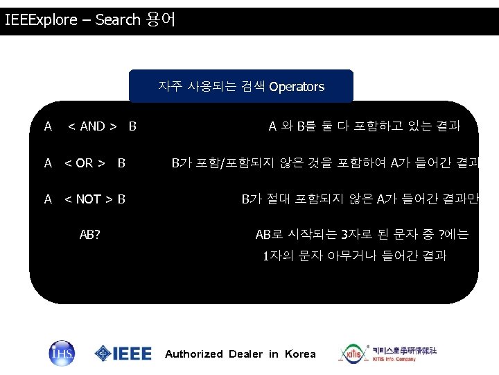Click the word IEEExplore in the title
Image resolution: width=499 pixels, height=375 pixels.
tap(41, 20)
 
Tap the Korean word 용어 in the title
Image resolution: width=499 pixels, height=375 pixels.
tap(161, 19)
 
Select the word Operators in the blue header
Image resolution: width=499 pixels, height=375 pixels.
tap(297, 87)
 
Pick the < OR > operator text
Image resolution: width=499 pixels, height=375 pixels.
tap(85, 163)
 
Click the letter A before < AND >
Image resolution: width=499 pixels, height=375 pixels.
tap(48, 126)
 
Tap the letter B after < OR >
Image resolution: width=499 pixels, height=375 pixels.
tap(121, 163)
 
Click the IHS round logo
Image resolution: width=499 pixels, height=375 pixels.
tap(61, 353)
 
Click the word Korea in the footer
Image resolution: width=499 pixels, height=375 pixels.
tap(299, 354)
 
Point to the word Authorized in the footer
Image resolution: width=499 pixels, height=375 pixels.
tap(194, 354)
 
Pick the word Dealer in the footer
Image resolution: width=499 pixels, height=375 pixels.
tap(245, 354)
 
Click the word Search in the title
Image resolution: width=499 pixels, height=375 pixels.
tap(118, 20)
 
